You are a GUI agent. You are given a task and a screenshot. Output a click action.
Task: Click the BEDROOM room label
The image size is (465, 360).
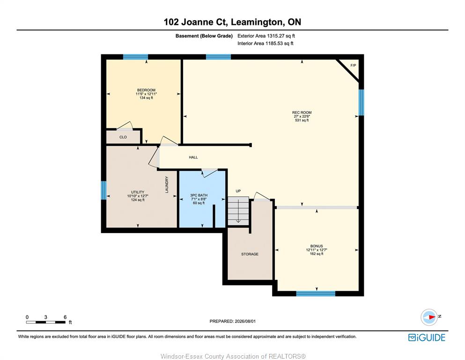pyautogui.click(x=146, y=90)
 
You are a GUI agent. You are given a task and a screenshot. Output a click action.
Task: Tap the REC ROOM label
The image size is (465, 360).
pyautogui.click(x=302, y=112)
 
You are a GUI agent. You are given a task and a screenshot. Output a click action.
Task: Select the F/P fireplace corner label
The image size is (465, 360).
pyautogui.click(x=353, y=65)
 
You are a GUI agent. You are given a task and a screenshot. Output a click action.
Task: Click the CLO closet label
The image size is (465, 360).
pyautogui.click(x=123, y=137)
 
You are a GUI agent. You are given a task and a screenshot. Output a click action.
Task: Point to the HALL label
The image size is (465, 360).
pyautogui.click(x=193, y=157)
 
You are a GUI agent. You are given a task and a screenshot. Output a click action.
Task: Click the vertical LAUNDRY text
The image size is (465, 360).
pyautogui.click(x=167, y=185)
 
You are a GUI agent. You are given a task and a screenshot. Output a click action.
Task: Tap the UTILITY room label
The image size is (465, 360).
pyautogui.click(x=138, y=192)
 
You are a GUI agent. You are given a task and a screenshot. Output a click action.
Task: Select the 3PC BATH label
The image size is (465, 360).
pyautogui.click(x=199, y=195)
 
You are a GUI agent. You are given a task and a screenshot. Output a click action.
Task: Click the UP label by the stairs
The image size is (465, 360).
pyautogui.click(x=238, y=191)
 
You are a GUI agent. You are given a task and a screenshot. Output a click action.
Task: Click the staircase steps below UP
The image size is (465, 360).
pyautogui.click(x=238, y=211)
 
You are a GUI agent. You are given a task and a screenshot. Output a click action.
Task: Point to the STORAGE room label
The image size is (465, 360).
pyautogui.click(x=250, y=254)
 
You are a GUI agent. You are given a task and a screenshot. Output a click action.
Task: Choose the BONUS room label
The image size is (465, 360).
pyautogui.click(x=317, y=246)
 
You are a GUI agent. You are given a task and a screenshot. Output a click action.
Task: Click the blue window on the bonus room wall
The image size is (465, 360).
pyautogui.click(x=316, y=293)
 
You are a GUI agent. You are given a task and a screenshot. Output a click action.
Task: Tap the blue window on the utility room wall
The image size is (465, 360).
pyautogui.click(x=103, y=190)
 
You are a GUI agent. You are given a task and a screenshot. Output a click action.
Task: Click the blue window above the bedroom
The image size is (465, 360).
pyautogui.click(x=135, y=57)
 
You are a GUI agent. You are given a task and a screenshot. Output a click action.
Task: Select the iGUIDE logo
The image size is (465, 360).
pyautogui.click(x=427, y=338)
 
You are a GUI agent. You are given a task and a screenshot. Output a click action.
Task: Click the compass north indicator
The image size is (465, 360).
pyautogui.click(x=429, y=317)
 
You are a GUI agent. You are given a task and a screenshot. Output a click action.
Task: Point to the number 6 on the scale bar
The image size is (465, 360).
pyautogui.click(x=65, y=317)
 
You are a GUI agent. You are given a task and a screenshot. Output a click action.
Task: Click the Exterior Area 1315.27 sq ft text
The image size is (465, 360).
pyautogui.click(x=266, y=36)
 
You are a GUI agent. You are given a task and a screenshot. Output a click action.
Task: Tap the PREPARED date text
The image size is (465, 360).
pyautogui.click(x=232, y=321)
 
